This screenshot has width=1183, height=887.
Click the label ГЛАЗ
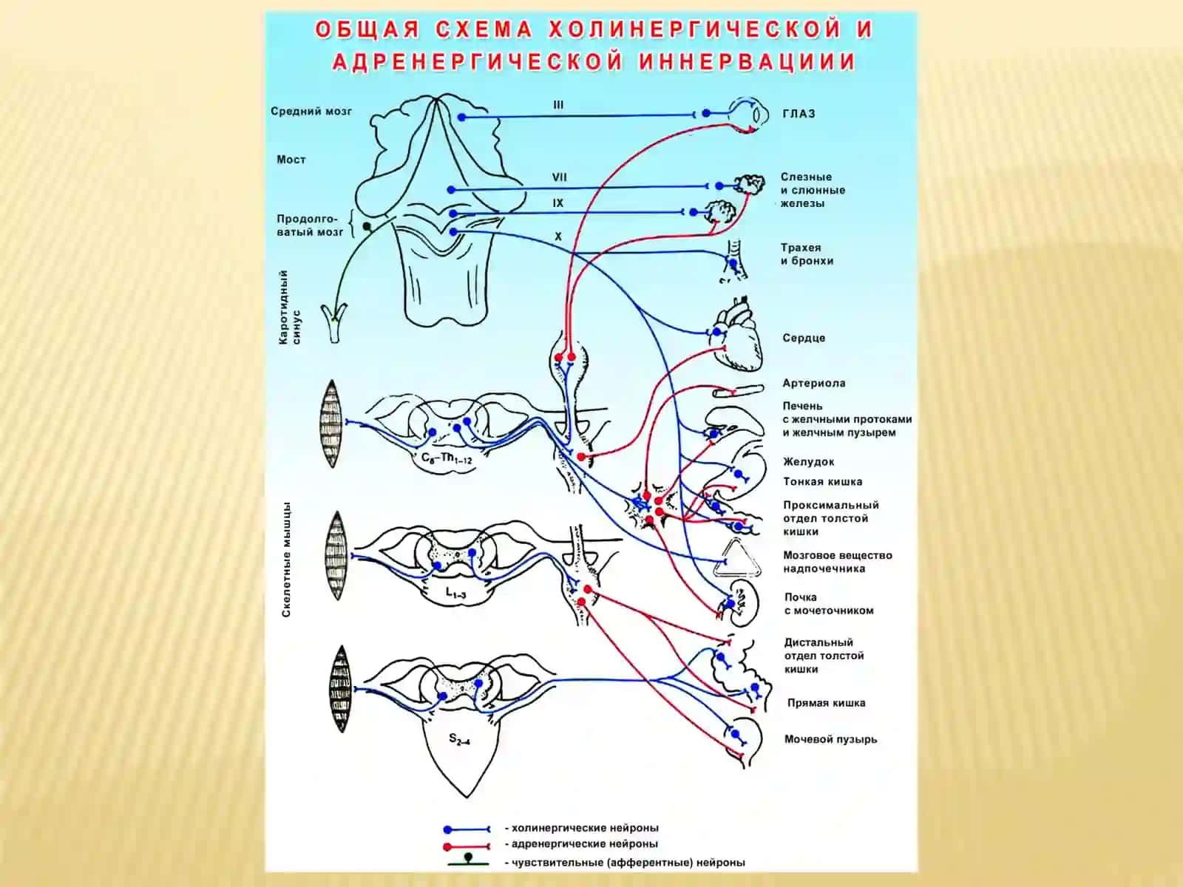click(x=799, y=114)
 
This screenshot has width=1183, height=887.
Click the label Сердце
click(x=804, y=339)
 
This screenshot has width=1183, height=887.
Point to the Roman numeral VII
click(x=560, y=177)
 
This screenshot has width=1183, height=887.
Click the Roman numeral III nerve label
click(x=558, y=105)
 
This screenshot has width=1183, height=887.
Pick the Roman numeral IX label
click(x=557, y=203)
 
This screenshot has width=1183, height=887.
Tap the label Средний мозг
click(x=311, y=112)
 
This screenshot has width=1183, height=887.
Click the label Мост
click(x=291, y=160)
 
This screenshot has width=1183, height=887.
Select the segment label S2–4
click(x=459, y=739)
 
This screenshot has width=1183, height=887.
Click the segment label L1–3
click(x=456, y=592)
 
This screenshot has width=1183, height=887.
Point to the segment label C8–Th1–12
click(x=447, y=459)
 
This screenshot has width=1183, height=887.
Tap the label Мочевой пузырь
click(x=830, y=739)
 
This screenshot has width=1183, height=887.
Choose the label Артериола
click(x=814, y=384)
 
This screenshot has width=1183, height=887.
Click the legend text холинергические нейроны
click(x=585, y=828)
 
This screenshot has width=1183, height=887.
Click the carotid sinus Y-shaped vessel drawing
click(x=334, y=322)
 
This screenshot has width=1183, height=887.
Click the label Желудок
click(x=808, y=461)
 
